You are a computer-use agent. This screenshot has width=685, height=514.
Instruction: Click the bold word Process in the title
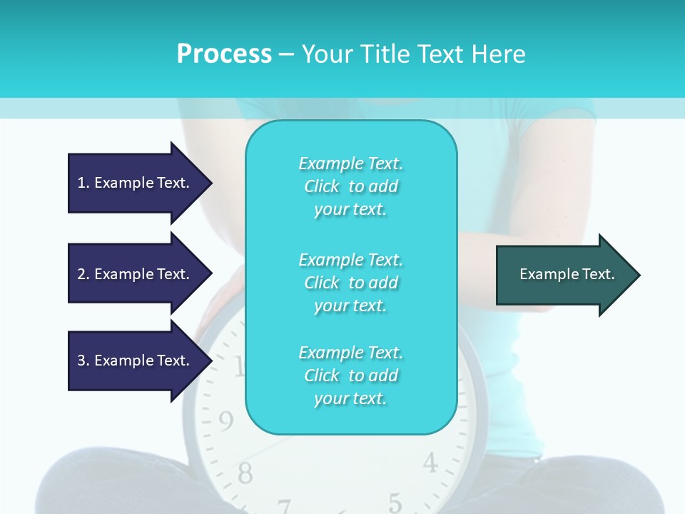point(224,54)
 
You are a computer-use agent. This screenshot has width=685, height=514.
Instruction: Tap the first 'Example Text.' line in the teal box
point(350,163)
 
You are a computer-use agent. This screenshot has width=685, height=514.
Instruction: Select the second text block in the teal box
point(350,283)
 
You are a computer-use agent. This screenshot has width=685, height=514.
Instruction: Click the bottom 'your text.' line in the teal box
point(350,399)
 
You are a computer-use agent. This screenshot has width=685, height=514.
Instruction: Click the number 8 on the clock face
point(245,472)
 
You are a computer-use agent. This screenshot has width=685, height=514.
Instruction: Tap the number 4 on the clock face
point(430,463)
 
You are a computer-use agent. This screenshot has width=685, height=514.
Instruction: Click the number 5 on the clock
point(395,502)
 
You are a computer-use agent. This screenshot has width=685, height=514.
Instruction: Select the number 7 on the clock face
point(285,506)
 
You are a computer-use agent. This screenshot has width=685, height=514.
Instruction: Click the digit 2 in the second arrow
point(81,274)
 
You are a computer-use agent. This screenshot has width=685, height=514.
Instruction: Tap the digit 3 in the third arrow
point(81,361)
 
